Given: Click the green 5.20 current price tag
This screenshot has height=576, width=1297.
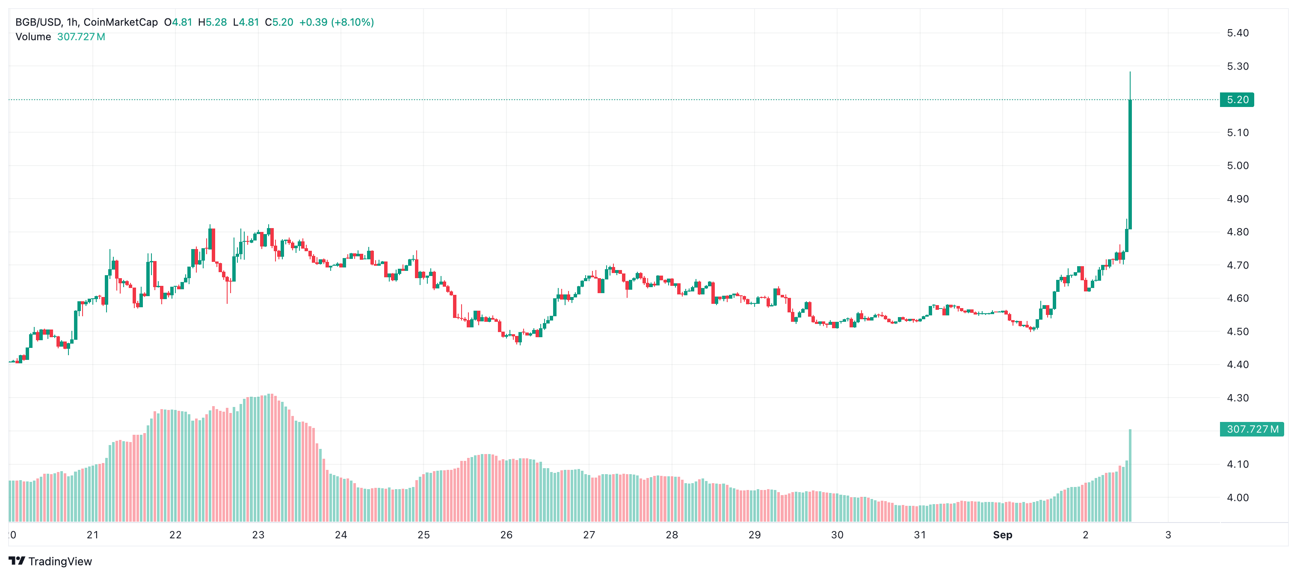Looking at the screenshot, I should (1237, 100).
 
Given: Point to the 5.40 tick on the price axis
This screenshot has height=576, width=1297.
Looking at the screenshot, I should (1238, 33).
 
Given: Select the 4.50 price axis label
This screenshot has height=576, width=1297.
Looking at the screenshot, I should (1238, 332).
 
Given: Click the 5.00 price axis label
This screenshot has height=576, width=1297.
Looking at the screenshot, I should (1238, 166).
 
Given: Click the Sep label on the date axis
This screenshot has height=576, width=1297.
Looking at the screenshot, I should (1002, 535).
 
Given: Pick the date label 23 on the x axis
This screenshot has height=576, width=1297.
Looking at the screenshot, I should (258, 535).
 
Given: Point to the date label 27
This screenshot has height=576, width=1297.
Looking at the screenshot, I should (589, 535).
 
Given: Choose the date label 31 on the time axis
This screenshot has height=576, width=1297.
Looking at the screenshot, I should (920, 535).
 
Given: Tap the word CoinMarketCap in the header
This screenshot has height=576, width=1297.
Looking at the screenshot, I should (120, 22).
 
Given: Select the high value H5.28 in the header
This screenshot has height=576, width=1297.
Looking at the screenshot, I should (212, 22).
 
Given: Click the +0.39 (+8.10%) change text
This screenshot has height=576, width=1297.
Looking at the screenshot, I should (336, 22).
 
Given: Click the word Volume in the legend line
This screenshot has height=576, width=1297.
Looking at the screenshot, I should (33, 37).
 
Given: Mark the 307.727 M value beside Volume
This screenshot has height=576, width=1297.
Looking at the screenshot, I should (81, 37).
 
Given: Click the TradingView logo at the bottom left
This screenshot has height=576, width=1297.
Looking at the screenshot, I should (50, 561).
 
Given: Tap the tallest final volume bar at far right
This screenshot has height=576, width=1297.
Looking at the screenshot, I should (1130, 475).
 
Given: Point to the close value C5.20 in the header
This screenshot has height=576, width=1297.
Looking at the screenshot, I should (279, 22).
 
